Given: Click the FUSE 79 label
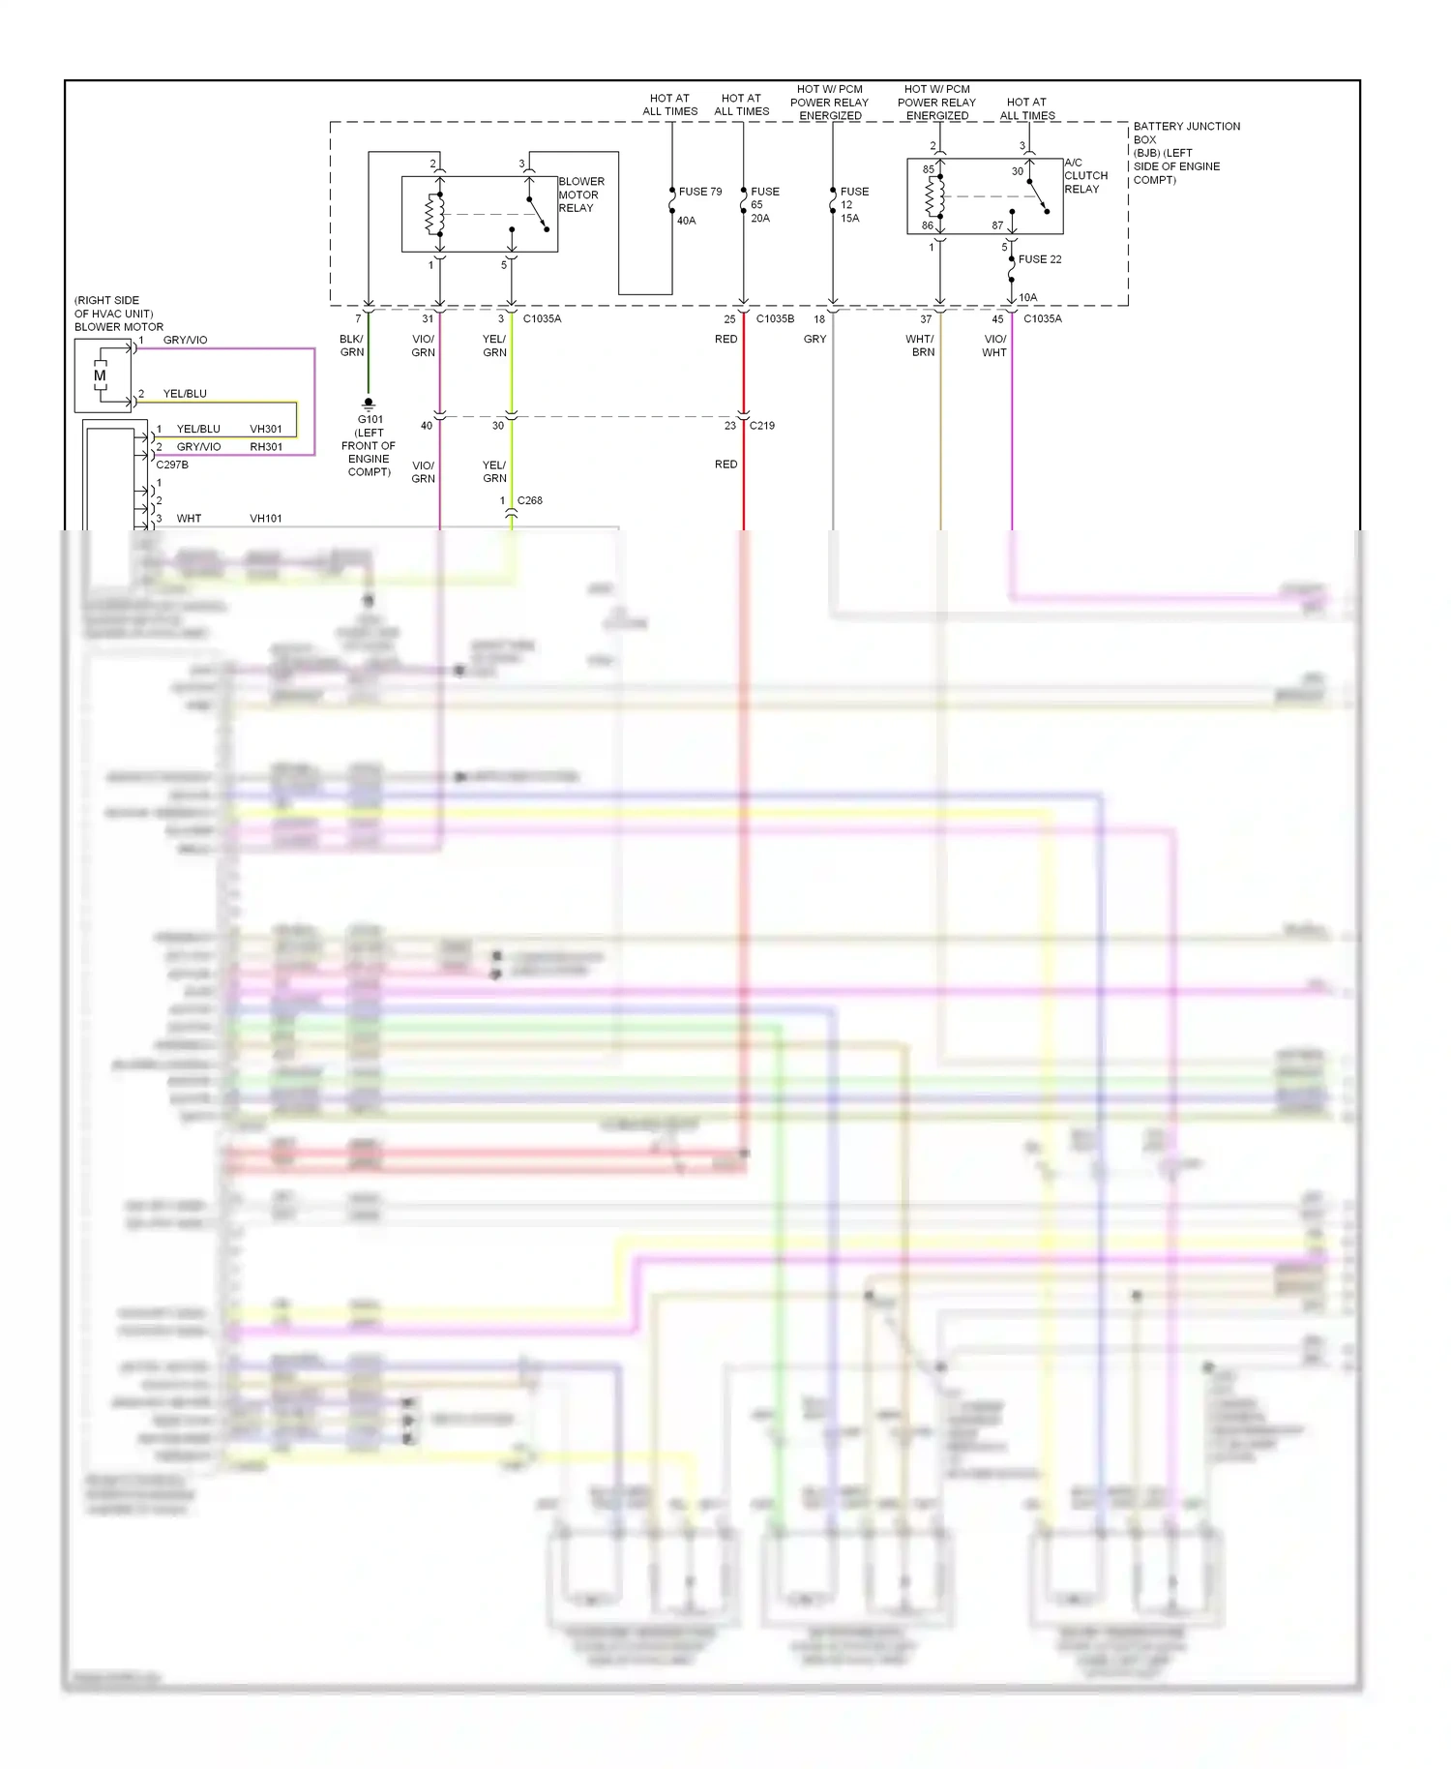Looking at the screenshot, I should tap(699, 192).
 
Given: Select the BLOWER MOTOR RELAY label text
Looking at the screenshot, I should tap(580, 195).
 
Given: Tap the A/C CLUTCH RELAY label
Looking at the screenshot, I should tap(1085, 176).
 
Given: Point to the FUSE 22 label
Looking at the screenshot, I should tap(1039, 259).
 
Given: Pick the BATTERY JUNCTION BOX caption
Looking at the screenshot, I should tap(1185, 153).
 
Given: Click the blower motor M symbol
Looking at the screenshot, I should tap(99, 375).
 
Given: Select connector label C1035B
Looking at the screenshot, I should tap(775, 318).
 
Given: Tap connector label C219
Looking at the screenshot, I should tap(761, 426).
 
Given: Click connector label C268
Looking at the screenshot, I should tap(529, 500).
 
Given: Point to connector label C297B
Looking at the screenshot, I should tap(172, 465).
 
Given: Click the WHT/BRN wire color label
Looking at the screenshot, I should tap(920, 345).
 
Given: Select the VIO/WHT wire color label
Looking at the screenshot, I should tap(994, 345).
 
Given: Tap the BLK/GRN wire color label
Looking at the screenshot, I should tap(351, 345).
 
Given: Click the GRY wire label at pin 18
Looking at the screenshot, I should tap(814, 339).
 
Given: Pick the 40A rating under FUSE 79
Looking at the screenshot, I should tap(686, 221).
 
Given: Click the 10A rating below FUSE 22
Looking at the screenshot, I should tap(1027, 298).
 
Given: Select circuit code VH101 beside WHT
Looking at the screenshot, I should tap(266, 519).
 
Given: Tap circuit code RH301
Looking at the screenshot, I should tap(266, 447).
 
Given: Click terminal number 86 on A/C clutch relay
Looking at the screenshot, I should tap(927, 225).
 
